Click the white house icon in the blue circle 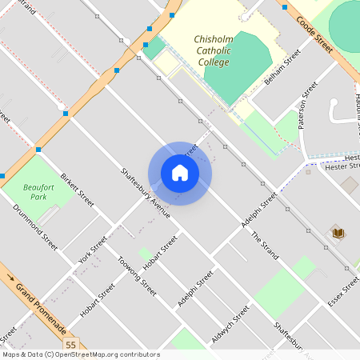[x=180, y=173]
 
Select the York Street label [x=93, y=250]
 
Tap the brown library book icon [x=338, y=233]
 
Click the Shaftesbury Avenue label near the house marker [x=145, y=192]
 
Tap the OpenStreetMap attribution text [x=80, y=354]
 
